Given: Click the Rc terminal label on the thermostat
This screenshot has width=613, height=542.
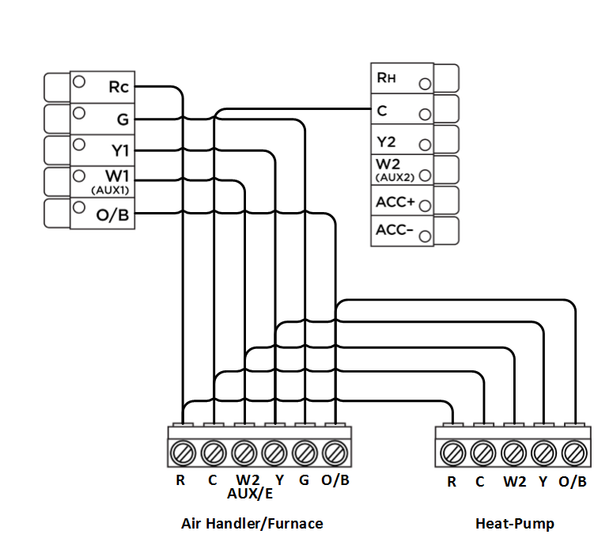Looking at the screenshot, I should [118, 87].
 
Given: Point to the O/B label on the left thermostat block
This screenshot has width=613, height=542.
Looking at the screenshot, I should [112, 214].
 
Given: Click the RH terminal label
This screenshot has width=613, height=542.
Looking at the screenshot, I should [385, 78].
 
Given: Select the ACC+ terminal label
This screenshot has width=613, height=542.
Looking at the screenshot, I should [395, 202].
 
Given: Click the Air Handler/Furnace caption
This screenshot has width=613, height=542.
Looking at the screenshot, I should [252, 523].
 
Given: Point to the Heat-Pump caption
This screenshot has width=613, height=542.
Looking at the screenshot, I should [515, 523].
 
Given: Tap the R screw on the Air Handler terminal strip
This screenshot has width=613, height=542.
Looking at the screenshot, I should [182, 453].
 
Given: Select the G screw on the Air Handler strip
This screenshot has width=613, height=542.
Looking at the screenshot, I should [305, 453].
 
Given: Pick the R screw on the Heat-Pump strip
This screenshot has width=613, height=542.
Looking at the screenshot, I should [452, 453].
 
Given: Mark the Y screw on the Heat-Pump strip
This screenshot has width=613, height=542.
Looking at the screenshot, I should [543, 453].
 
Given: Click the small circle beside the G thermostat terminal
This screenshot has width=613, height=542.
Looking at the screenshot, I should [80, 113].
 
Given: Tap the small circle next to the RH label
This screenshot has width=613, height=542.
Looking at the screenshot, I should [426, 83].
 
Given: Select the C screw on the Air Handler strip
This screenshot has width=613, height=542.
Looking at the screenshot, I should [213, 453].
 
